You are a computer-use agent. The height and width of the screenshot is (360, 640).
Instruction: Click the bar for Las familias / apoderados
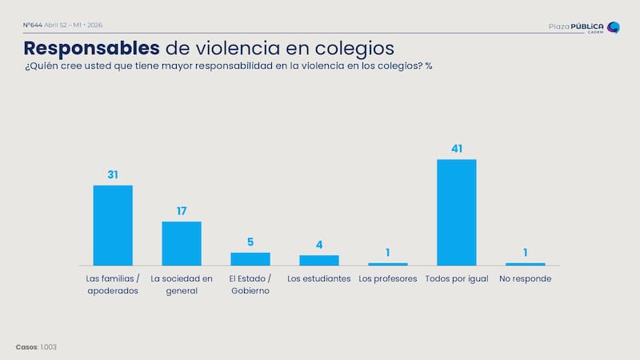[x=113, y=225]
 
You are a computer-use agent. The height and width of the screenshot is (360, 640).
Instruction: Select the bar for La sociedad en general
[x=182, y=243]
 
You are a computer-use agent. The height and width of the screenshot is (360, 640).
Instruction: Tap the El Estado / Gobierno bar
[x=250, y=258]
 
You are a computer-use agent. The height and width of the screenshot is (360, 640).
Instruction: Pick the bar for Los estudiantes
[x=319, y=260]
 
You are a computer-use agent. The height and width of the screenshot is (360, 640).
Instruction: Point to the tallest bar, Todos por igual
[x=457, y=212]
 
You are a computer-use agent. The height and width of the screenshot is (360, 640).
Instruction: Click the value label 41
[x=457, y=149]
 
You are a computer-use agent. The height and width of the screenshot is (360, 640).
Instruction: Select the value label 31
[x=113, y=174]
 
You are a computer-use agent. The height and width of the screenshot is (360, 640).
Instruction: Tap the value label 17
[x=182, y=211]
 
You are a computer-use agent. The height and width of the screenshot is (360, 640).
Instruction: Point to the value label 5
[x=250, y=242]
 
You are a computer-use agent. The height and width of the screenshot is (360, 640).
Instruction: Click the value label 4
[x=319, y=245]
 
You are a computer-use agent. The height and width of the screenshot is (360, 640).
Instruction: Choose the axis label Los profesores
[x=388, y=278]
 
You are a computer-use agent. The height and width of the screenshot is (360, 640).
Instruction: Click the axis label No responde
[x=526, y=278]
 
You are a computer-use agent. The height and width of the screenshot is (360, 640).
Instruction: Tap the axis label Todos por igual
[x=457, y=278]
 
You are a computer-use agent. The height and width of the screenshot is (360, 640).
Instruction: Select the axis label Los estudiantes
[x=319, y=278]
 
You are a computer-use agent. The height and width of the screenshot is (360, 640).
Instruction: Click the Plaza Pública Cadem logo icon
[x=614, y=28]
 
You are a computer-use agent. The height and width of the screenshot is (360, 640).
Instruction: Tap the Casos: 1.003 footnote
[x=36, y=346]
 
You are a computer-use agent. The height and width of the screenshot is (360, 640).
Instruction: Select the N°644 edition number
[x=32, y=26]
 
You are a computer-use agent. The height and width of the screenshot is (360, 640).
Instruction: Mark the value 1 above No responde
[x=526, y=253]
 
